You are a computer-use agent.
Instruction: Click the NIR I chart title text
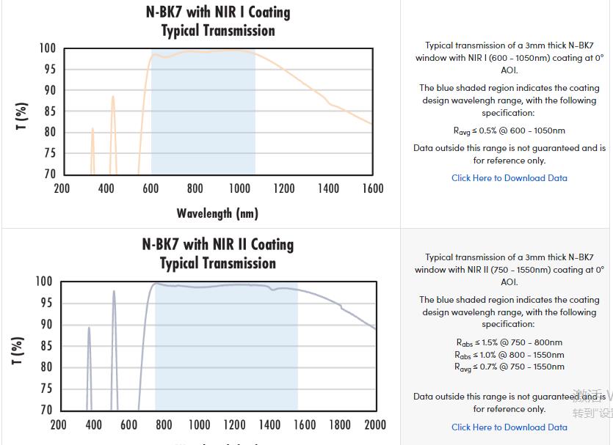click(218, 21)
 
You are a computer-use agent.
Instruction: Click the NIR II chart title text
click(218, 253)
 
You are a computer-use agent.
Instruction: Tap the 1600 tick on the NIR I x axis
click(372, 189)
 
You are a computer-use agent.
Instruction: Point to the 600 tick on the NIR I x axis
click(150, 189)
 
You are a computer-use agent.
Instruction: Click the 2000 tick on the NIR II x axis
click(375, 424)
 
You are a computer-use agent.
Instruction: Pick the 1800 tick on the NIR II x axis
click(340, 424)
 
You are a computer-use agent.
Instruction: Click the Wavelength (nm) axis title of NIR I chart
click(217, 213)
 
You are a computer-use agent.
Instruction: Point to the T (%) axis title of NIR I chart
click(22, 116)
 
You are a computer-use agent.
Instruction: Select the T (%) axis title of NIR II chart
click(18, 350)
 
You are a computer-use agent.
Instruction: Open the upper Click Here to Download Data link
click(509, 178)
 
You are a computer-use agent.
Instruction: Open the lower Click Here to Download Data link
click(509, 427)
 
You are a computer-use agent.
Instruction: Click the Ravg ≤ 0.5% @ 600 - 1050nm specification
click(509, 131)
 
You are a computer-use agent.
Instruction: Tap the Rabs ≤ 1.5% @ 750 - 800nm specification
click(509, 342)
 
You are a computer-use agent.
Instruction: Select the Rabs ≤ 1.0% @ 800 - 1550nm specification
click(509, 355)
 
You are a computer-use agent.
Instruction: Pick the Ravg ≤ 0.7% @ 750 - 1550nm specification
click(509, 367)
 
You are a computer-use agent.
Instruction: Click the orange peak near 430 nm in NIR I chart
click(113, 98)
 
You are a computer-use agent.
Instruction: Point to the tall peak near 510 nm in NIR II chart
click(114, 293)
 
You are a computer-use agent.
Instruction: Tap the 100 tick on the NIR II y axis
click(44, 282)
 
